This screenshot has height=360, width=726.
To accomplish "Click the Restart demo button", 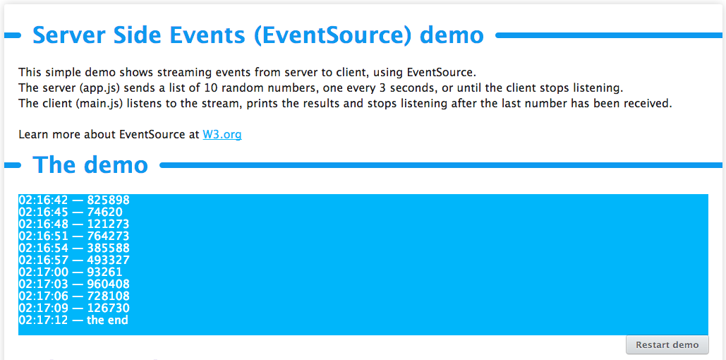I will (667, 344).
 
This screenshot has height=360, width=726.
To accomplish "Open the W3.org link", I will (222, 134).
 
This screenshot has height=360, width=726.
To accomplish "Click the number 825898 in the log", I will (108, 200).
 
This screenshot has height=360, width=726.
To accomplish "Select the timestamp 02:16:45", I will (43, 212).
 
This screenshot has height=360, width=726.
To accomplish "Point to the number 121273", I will (108, 224).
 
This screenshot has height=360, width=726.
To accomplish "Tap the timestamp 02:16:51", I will (43, 236).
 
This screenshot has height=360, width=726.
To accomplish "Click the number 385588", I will (108, 248).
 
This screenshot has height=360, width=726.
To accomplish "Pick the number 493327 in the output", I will (108, 260).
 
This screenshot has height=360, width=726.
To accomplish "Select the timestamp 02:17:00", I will (43, 272).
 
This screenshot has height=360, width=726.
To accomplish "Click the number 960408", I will (108, 284).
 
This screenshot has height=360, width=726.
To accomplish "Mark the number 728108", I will (108, 296).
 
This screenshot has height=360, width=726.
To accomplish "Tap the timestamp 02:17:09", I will (43, 308).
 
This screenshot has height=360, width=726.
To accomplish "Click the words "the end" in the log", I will (107, 320).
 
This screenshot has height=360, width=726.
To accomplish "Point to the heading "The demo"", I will (90, 164).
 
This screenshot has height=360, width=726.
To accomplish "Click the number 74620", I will (104, 212).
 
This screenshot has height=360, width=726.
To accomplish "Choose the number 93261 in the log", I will (104, 272).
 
